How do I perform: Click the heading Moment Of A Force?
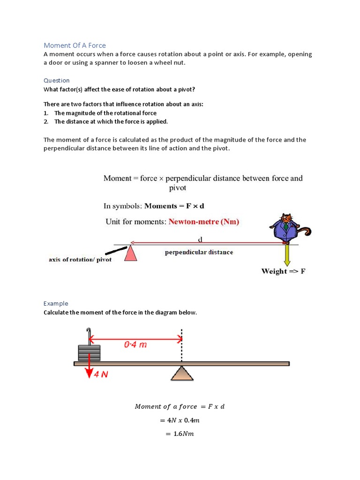[x=75, y=45]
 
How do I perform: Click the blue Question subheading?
[x=56, y=80]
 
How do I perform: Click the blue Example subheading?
[x=56, y=303]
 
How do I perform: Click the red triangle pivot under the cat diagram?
[x=131, y=254]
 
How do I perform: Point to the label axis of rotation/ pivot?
[x=80, y=260]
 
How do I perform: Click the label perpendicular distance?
[x=199, y=252]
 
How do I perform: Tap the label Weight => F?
[x=283, y=271]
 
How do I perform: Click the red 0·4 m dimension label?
[x=135, y=345]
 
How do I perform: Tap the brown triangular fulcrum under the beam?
[x=182, y=373]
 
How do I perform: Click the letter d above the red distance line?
[x=200, y=239]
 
